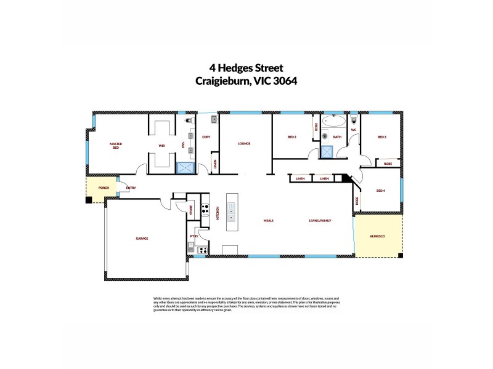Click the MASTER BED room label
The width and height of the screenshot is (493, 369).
[x=116, y=146]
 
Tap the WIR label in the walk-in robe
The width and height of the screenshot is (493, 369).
[x=161, y=146]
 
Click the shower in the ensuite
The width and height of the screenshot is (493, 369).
[x=185, y=167]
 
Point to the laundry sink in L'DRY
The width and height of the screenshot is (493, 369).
[x=213, y=119]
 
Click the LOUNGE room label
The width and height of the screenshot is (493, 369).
[x=245, y=143]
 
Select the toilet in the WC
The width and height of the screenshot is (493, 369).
[x=354, y=120]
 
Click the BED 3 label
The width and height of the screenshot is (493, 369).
[x=381, y=137]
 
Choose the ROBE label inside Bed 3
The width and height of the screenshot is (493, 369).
[x=388, y=164]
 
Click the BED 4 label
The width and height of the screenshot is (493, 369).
[x=381, y=191]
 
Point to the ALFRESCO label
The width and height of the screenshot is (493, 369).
[x=377, y=236]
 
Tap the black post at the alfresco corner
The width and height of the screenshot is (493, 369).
[x=401, y=255]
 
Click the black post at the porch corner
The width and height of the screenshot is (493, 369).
[x=89, y=199]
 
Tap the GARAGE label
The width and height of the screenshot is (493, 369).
[x=142, y=238]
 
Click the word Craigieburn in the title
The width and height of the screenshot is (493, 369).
[x=222, y=81]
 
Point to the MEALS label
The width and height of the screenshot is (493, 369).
[x=268, y=220]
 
